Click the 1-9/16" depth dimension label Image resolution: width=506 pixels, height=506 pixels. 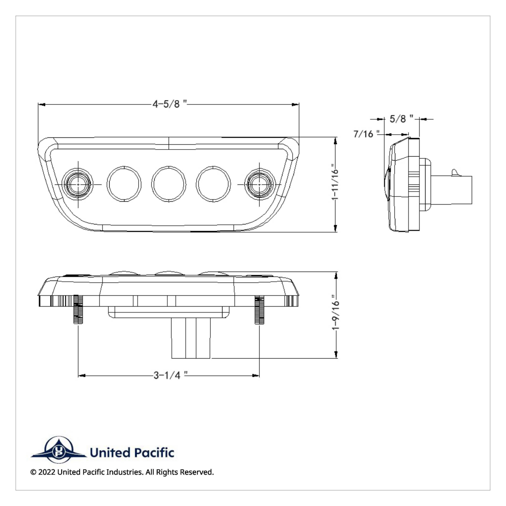point(335,315)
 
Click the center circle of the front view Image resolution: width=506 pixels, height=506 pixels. point(169,184)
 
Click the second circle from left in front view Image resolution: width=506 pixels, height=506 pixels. point(124,184)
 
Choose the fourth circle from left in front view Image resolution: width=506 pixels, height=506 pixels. point(214,184)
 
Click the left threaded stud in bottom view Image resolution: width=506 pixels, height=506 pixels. point(78,310)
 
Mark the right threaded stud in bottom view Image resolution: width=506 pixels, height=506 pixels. point(259,310)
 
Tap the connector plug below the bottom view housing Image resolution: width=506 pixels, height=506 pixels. point(191,338)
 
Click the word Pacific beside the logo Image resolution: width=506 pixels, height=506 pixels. point(154,453)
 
